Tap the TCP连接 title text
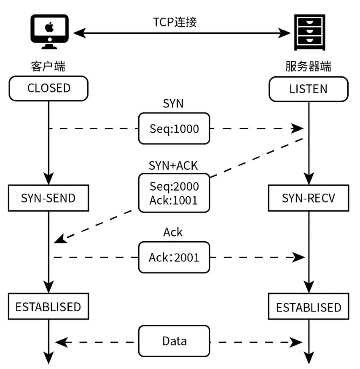pyautogui.click(x=175, y=22)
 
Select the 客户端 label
pyautogui.click(x=48, y=67)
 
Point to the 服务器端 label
pyautogui.click(x=308, y=67)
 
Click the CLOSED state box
pyautogui.click(x=49, y=88)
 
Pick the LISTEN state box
pyautogui.click(x=308, y=89)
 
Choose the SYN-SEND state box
pyautogui.click(x=49, y=198)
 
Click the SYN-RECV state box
pyautogui.click(x=308, y=198)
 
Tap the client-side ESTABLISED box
pyautogui.click(x=49, y=306)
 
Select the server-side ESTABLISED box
pyautogui.click(x=308, y=307)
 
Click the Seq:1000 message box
pyautogui.click(x=174, y=129)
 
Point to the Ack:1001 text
pyautogui.click(x=174, y=200)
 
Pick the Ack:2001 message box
pyautogui.click(x=174, y=257)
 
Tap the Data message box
pyautogui.click(x=174, y=341)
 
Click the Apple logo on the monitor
pyautogui.click(x=49, y=26)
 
